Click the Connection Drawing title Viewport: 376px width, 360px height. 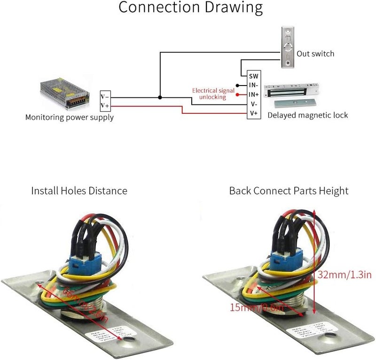coord(190,8)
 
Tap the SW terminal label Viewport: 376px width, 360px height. coord(254,76)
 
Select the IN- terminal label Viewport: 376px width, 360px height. coord(254,86)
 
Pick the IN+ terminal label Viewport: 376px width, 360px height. coord(254,94)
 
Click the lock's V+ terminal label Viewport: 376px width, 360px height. coord(254,113)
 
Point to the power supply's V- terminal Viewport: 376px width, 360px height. coord(105,97)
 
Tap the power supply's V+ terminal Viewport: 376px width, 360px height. coord(105,105)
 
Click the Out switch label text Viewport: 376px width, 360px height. coord(315,54)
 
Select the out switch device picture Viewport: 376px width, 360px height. coord(288,47)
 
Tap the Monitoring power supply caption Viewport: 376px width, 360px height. coord(69,117)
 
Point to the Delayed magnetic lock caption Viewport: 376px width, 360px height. coord(307,115)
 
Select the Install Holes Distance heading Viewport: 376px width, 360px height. coord(79,191)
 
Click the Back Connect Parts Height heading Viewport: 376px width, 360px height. coord(289,191)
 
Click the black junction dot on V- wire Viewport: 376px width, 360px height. coord(160,98)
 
